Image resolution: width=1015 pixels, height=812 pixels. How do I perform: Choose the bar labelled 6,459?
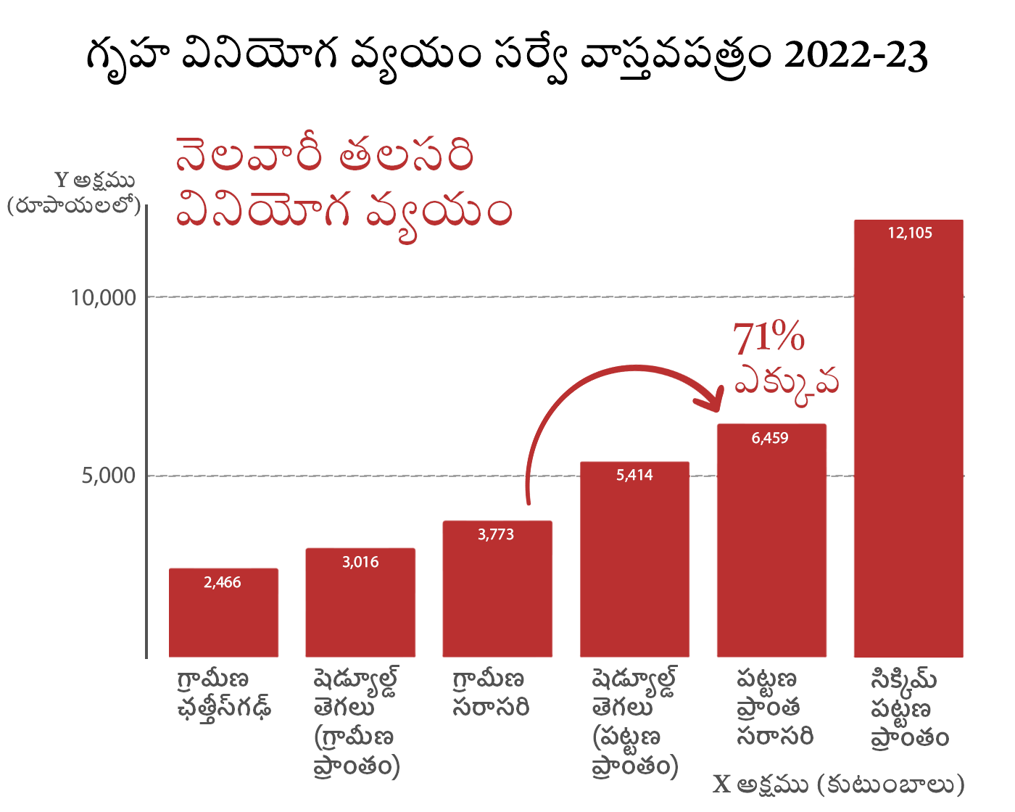[x=771, y=544]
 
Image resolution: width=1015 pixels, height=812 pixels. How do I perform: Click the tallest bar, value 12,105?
[x=908, y=442]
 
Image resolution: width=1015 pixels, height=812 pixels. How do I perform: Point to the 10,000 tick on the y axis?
[x=104, y=297]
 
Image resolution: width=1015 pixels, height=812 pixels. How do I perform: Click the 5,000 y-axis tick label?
[x=109, y=476]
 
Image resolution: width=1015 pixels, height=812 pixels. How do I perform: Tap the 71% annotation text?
[x=768, y=338]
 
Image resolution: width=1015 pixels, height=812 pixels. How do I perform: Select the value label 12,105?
[x=910, y=233]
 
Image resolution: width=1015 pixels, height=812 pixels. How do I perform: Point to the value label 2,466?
[x=223, y=582]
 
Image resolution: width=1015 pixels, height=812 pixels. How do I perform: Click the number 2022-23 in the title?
[x=855, y=55]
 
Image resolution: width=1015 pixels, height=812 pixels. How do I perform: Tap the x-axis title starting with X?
[x=839, y=784]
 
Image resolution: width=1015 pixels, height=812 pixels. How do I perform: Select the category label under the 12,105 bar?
[x=909, y=708]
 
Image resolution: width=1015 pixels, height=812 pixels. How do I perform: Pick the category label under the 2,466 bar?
[x=223, y=693]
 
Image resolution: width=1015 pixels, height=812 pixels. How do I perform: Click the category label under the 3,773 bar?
[x=490, y=693]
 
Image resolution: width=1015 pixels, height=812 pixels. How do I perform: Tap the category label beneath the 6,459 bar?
[x=774, y=708]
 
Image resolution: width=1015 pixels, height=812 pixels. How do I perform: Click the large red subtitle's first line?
[x=324, y=154]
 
